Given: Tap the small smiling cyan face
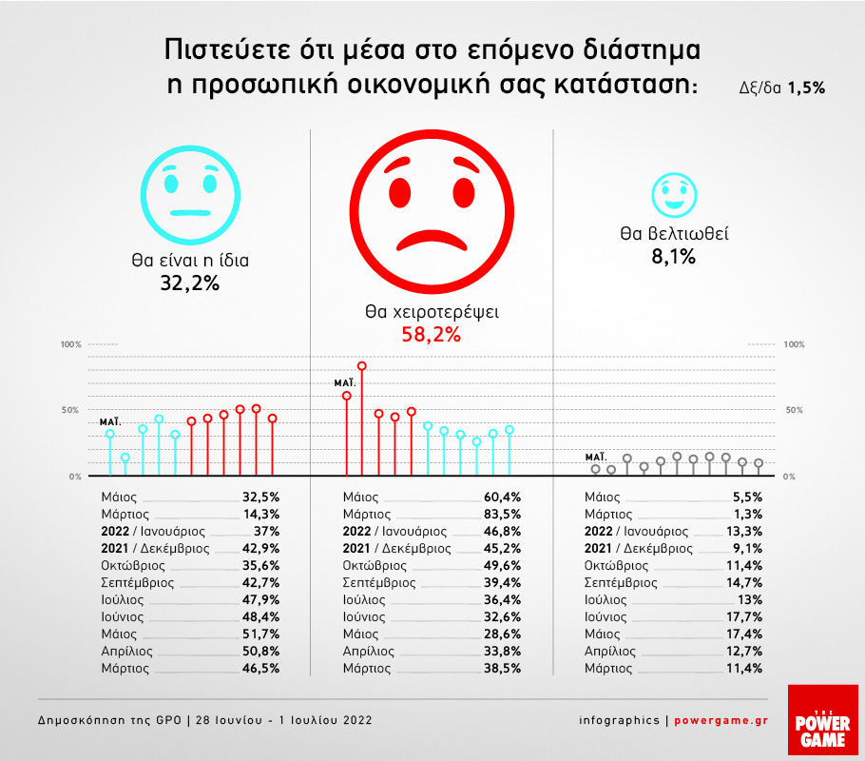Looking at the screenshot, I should [674, 195].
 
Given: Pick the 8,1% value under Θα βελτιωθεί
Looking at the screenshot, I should [674, 256].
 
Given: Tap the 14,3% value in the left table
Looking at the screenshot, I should [259, 515].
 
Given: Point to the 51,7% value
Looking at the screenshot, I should [259, 634].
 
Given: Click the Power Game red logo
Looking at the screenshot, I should [817, 722].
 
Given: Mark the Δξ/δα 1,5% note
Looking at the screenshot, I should [781, 86].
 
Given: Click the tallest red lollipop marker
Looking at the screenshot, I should [362, 366].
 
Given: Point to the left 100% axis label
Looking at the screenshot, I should [72, 343].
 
